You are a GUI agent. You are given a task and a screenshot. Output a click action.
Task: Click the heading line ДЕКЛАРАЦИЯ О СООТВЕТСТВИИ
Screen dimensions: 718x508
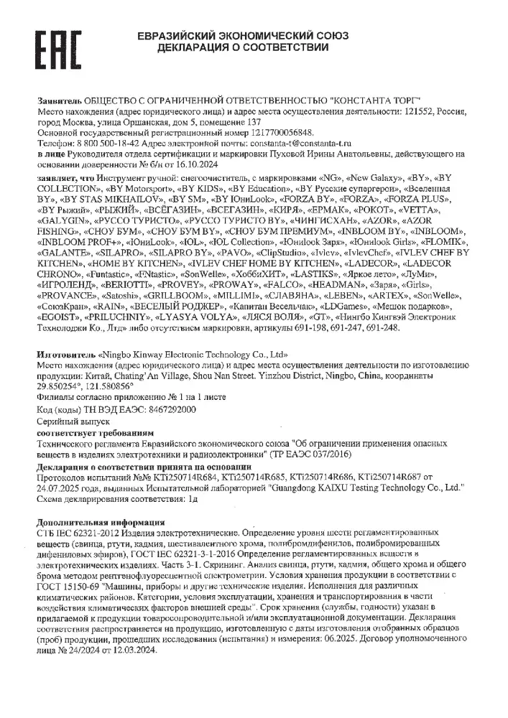pyautogui.click(x=243, y=47)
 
